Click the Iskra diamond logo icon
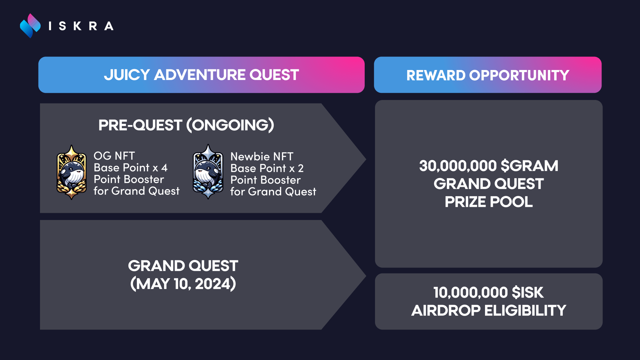(30, 26)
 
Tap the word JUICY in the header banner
(127, 75)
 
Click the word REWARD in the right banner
(436, 75)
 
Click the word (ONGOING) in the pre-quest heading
(230, 125)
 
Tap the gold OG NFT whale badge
(72, 172)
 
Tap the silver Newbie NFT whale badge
(208, 172)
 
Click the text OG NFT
(114, 156)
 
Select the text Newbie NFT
(262, 156)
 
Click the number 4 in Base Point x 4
(164, 168)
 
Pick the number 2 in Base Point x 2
(301, 168)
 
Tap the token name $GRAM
(529, 166)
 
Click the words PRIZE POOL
(488, 202)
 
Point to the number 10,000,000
(470, 293)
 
